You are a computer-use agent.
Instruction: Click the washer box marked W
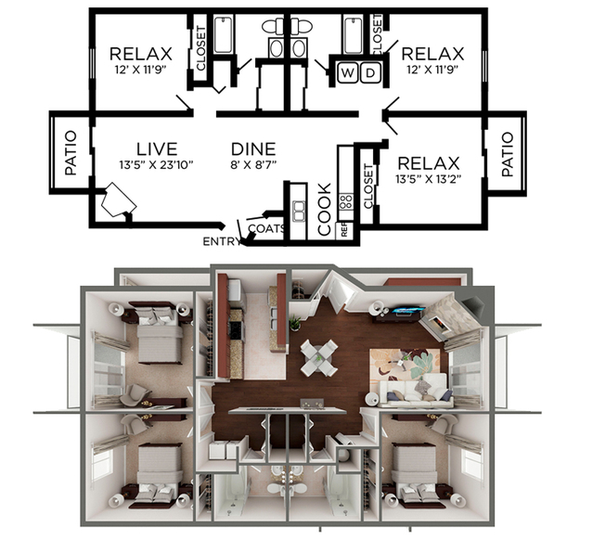[347, 72]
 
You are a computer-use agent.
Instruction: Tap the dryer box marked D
[370, 72]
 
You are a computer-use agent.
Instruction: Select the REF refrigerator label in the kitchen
[344, 230]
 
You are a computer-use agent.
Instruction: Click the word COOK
[325, 209]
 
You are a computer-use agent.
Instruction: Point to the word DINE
[253, 149]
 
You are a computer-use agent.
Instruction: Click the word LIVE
[157, 149]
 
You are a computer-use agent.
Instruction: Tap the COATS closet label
[266, 228]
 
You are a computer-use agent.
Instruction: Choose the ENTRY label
[222, 241]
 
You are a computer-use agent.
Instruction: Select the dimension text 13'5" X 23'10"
[156, 165]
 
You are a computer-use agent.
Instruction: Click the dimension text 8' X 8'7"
[253, 165]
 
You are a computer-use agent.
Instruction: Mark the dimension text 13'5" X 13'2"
[428, 179]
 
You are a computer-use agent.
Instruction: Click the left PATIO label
[71, 153]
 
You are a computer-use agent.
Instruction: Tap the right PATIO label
[508, 154]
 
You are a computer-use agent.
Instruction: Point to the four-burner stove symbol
[346, 201]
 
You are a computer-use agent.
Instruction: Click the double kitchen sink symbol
[299, 211]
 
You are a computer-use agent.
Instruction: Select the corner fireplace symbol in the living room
[119, 200]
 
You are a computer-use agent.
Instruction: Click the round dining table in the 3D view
[319, 358]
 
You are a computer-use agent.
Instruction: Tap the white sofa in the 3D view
[416, 392]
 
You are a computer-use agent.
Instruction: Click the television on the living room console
[407, 312]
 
